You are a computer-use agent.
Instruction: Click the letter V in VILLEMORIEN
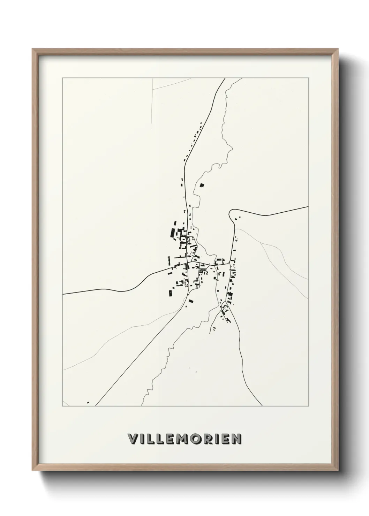pyautogui.click(x=133, y=439)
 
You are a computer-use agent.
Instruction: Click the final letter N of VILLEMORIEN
pyautogui.click(x=236, y=439)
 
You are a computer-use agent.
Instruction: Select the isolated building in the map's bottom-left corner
pyautogui.click(x=88, y=402)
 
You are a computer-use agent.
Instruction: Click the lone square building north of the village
pyautogui.click(x=201, y=186)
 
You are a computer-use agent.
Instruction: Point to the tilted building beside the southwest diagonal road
pyautogui.click(x=190, y=301)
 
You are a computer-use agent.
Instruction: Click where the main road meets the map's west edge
pyautogui.click(x=63, y=294)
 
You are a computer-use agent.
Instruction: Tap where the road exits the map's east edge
pyautogui.click(x=308, y=207)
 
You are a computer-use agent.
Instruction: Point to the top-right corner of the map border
pyautogui.click(x=308, y=78)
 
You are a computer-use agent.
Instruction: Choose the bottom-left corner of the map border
pyautogui.click(x=62, y=406)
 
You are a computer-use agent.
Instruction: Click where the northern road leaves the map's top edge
pyautogui.click(x=224, y=78)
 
